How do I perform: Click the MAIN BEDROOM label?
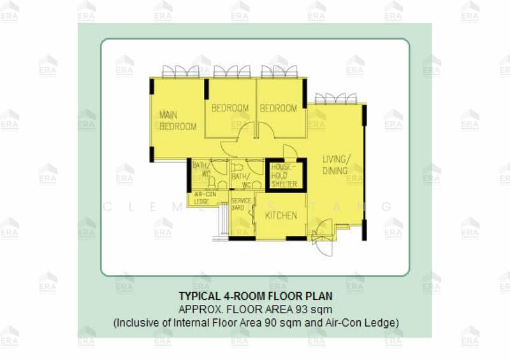(177, 121)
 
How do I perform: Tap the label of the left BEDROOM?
(230, 108)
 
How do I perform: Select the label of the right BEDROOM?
(279, 108)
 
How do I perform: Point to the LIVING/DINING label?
(335, 165)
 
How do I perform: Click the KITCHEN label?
(281, 216)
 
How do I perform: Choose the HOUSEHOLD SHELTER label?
(284, 175)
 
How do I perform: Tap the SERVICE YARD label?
(241, 204)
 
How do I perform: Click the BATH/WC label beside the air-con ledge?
(201, 169)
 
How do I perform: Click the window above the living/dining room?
(336, 98)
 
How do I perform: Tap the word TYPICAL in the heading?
(198, 297)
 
